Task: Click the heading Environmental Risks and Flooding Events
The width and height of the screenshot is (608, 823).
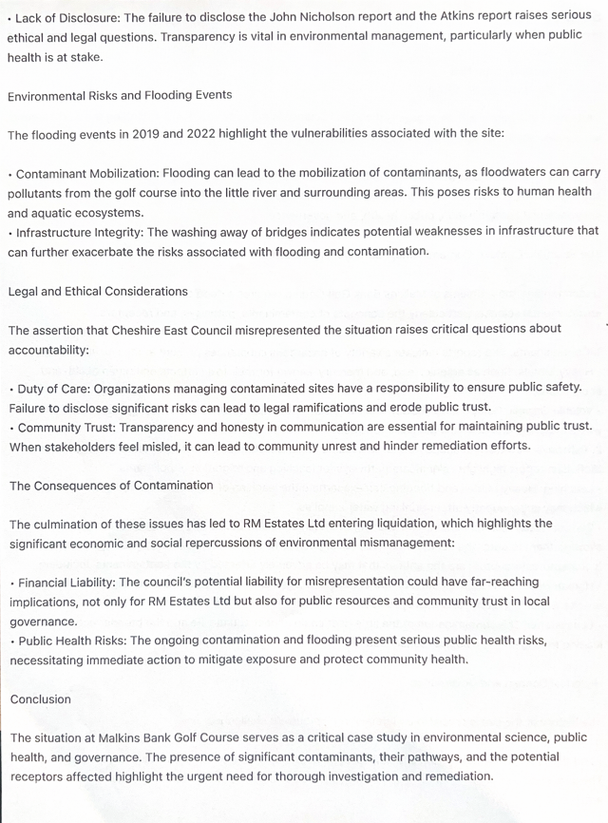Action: (120, 95)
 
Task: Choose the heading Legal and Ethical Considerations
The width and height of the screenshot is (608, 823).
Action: (98, 291)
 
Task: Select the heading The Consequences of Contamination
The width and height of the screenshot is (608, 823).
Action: (111, 486)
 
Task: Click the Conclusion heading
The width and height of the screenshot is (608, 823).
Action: (41, 699)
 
